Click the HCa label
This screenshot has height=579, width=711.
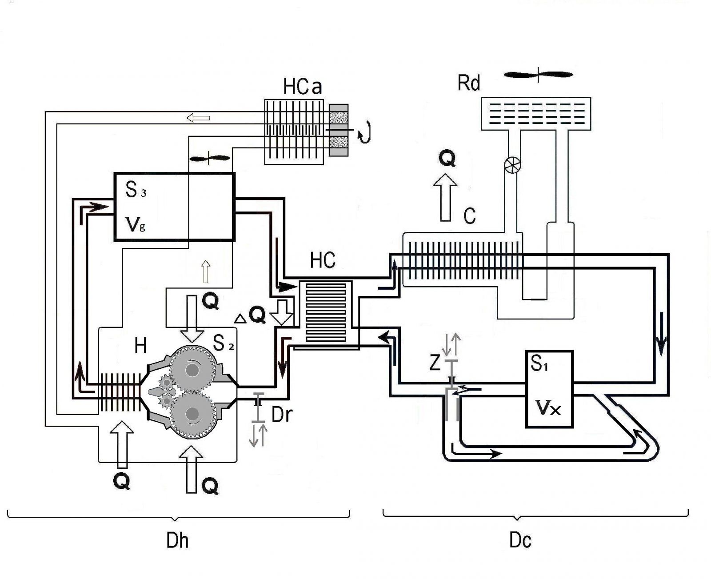302,87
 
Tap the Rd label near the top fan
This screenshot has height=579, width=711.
469,83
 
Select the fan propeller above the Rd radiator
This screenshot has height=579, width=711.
538,75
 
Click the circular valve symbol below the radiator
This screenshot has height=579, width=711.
512,165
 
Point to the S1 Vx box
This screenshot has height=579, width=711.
549,389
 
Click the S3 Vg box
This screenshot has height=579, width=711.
174,207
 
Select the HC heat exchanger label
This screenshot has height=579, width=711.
323,261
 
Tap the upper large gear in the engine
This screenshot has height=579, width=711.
192,369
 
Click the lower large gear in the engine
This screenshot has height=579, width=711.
192,414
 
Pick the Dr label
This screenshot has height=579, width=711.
282,415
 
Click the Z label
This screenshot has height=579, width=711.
435,363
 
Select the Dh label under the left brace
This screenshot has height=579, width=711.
177,541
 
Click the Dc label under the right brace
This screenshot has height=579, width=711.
520,541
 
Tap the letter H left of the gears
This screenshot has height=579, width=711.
140,346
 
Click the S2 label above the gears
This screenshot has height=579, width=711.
223,343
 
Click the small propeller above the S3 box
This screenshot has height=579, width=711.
210,158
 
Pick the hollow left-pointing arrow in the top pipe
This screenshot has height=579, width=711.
198,118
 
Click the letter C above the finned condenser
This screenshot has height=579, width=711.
470,216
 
